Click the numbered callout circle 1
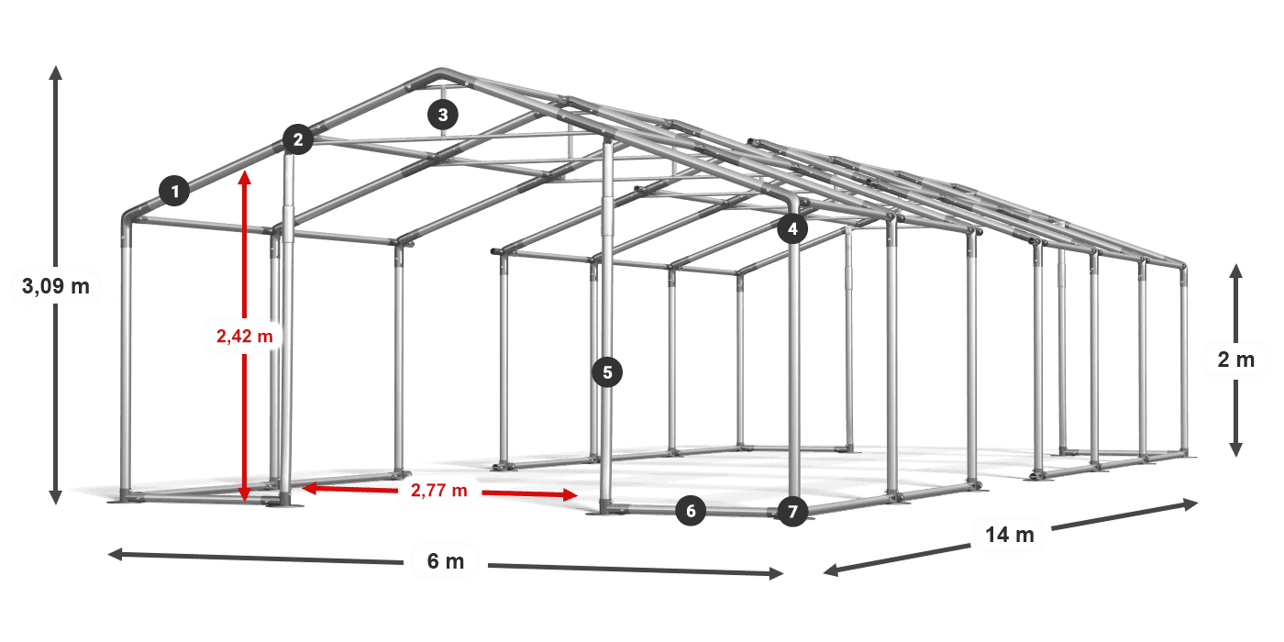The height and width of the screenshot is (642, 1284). (x=175, y=191)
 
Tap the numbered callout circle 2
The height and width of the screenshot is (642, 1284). (x=297, y=139)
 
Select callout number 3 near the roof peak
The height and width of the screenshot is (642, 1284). (x=442, y=115)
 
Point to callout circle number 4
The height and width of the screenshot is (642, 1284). (x=792, y=228)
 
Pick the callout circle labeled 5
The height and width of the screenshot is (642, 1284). (x=607, y=372)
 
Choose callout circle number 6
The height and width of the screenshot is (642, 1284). (x=691, y=511)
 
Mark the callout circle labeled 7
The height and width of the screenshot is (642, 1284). (x=792, y=511)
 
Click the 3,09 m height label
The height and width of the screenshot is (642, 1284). (x=56, y=286)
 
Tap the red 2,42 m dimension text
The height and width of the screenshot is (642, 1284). (x=245, y=336)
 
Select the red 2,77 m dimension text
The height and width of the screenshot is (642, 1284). (x=439, y=490)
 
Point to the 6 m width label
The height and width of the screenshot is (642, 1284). (x=446, y=561)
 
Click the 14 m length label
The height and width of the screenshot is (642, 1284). (x=1010, y=535)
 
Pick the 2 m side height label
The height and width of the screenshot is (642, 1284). (x=1236, y=360)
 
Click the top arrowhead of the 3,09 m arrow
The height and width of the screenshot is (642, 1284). (x=56, y=72)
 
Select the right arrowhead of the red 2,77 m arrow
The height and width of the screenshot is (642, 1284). (x=570, y=494)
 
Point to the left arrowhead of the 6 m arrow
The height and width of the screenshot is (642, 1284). (x=116, y=554)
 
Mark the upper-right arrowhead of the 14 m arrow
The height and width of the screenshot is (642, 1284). (x=1190, y=504)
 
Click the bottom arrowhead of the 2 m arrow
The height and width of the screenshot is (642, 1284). (x=1236, y=449)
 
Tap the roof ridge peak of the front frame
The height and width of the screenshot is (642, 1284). (x=440, y=72)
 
